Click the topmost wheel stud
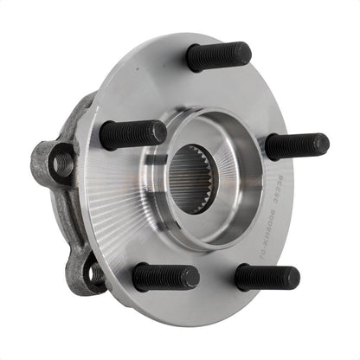point(218,56)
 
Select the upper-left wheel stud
point(132,134)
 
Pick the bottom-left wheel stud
point(165,277)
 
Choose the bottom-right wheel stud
point(266,277)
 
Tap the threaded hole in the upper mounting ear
point(63,162)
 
